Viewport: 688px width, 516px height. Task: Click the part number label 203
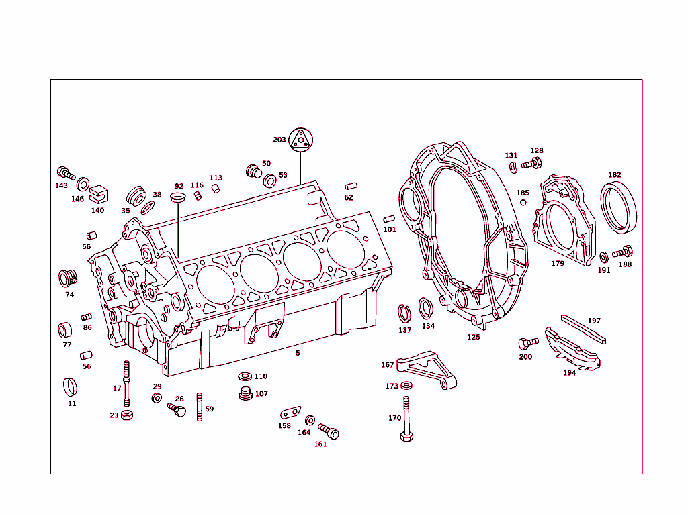pos(279,140)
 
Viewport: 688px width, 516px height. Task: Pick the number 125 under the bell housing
pos(474,337)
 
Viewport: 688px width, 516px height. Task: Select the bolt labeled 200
pos(528,343)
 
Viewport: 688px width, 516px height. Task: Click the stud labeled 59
pos(200,407)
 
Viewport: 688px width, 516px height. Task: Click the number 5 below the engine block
pos(298,352)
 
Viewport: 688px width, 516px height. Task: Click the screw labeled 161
pos(329,431)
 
